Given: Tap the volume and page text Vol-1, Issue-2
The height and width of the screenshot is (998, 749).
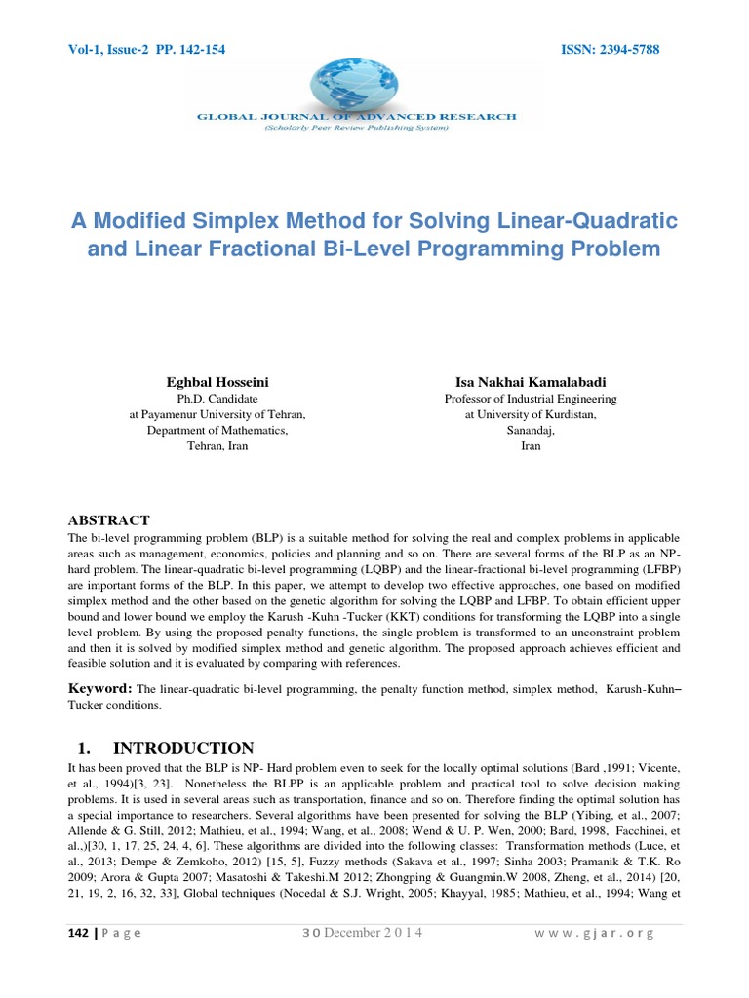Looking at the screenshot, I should pyautogui.click(x=106, y=49).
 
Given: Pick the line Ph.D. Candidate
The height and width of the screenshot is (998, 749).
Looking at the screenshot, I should pyautogui.click(x=217, y=399).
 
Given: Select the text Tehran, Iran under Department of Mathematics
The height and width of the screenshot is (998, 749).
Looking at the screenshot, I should pyautogui.click(x=217, y=445).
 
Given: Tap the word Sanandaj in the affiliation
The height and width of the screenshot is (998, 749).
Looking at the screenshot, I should pyautogui.click(x=531, y=430).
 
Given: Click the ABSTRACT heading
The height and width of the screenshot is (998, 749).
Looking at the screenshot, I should pyautogui.click(x=108, y=520).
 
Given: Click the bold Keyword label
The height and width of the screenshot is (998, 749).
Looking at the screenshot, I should pyautogui.click(x=99, y=688).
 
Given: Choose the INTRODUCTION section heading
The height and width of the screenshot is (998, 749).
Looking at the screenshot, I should pyautogui.click(x=183, y=748).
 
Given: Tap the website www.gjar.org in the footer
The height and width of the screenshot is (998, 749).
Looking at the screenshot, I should pyautogui.click(x=593, y=933).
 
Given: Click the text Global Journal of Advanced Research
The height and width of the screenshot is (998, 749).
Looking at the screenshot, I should pyautogui.click(x=357, y=116).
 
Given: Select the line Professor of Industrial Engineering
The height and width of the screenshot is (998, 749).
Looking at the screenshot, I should pyautogui.click(x=531, y=399).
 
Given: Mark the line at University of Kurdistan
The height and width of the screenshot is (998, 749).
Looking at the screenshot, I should pyautogui.click(x=531, y=414).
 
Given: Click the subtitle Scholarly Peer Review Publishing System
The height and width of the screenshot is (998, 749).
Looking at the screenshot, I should pyautogui.click(x=356, y=127).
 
